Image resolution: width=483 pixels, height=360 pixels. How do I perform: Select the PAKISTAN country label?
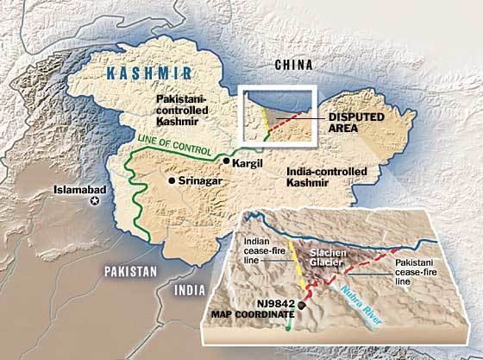[x=130, y=271]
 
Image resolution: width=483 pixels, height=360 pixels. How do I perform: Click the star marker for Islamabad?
[x=95, y=200]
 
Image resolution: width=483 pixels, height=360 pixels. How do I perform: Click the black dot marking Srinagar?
[x=173, y=180]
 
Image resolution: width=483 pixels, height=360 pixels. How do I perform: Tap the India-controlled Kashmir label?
[x=327, y=178]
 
